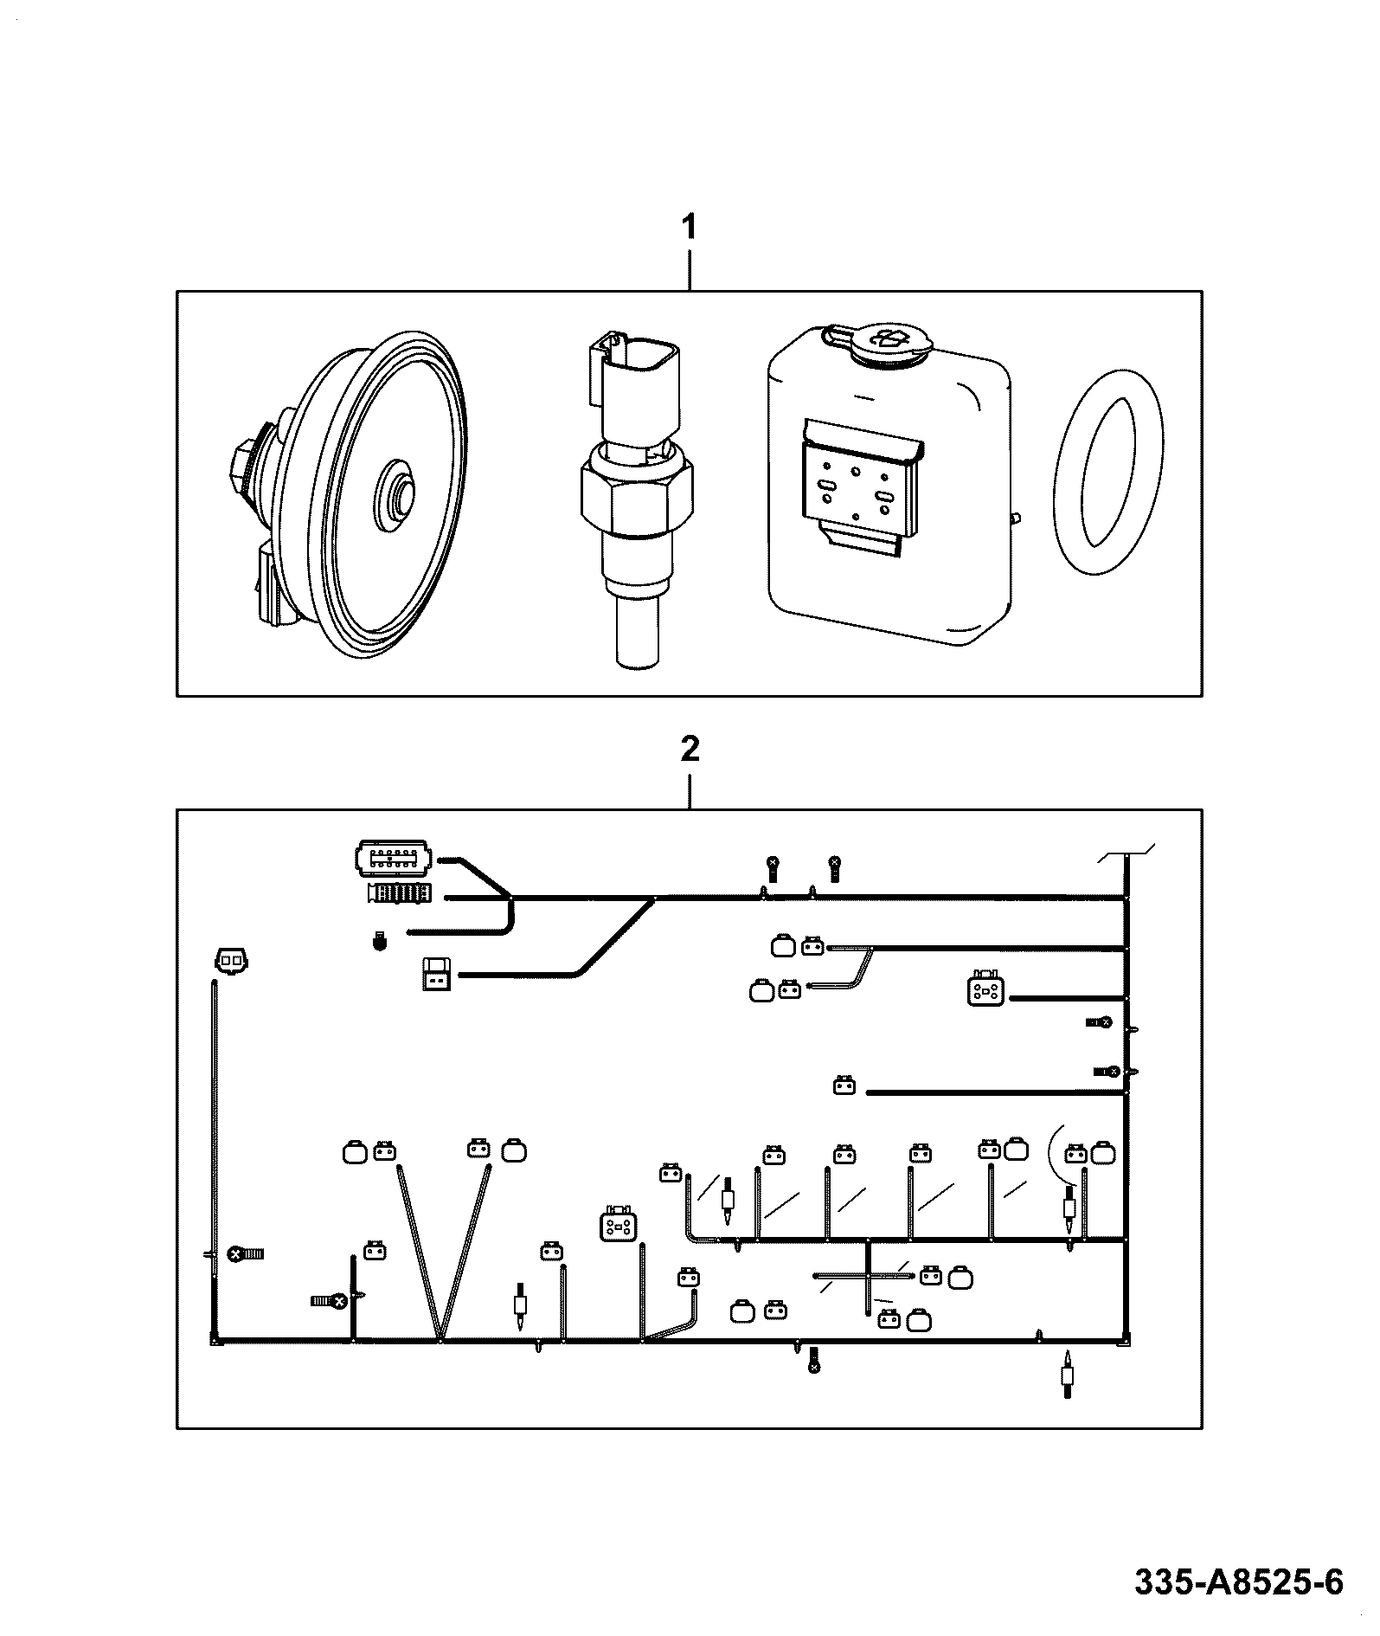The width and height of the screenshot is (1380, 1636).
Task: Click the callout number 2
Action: [690, 748]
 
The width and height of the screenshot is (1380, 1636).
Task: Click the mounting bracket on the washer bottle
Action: [858, 490]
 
